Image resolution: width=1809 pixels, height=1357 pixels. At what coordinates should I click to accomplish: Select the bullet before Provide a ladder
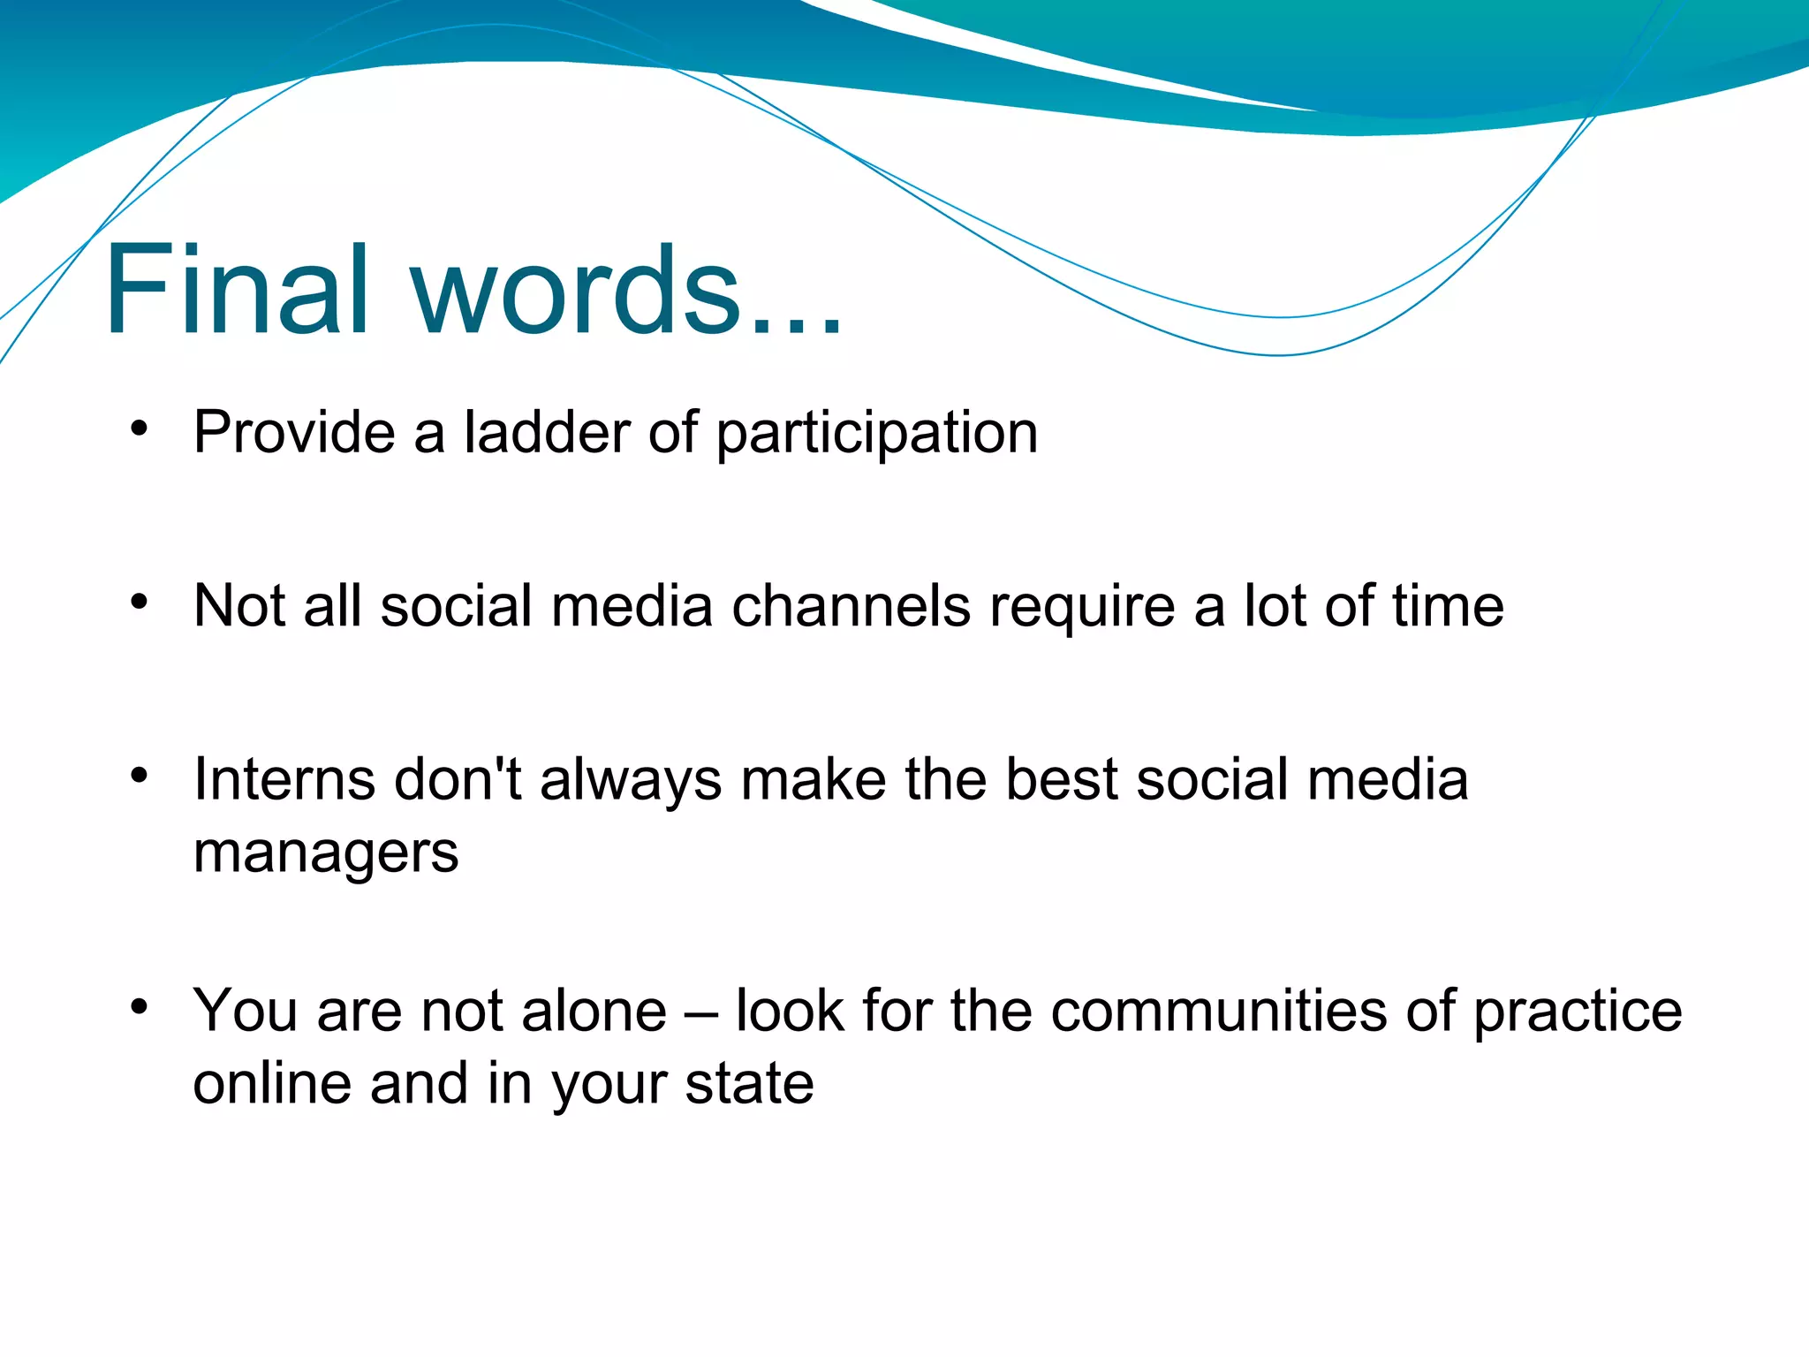tap(139, 428)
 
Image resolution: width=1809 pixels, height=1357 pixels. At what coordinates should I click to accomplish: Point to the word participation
tap(876, 435)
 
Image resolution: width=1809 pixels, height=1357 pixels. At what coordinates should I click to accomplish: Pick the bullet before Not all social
tap(139, 603)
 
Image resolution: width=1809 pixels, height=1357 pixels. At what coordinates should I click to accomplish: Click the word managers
tap(326, 853)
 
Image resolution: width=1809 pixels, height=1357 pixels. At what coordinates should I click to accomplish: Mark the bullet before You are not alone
tap(139, 1006)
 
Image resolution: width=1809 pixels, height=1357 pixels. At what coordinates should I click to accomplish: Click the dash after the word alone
tap(701, 1012)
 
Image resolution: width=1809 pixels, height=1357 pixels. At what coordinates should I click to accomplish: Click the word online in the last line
tap(272, 1084)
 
